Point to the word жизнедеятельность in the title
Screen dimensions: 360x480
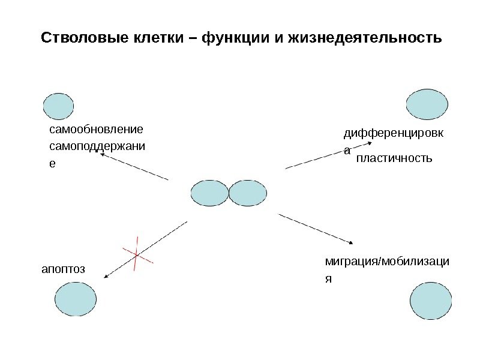(365, 39)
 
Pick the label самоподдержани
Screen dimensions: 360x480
(100, 146)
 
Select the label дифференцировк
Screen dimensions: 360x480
(394, 133)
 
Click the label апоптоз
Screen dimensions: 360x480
(63, 269)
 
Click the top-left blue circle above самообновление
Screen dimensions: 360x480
(59, 107)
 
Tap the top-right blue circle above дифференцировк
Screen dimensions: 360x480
(427, 104)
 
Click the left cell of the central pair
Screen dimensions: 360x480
(209, 194)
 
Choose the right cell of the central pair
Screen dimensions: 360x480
(247, 194)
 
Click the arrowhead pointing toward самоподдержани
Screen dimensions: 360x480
(101, 154)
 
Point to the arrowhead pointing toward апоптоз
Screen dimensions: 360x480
(106, 277)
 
